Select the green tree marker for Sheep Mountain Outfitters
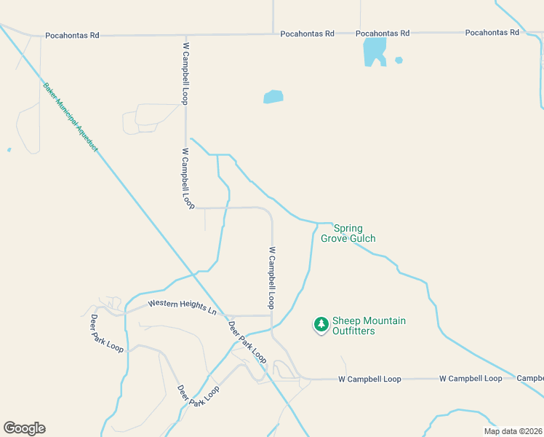(321, 323)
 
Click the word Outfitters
(353, 331)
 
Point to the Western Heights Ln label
(183, 307)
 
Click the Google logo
(24, 428)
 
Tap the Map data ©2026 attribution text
(513, 431)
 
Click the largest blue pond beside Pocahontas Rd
(374, 51)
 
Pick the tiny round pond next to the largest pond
(399, 60)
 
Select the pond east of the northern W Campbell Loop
(273, 97)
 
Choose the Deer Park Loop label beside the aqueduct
(247, 342)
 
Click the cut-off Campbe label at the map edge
(530, 379)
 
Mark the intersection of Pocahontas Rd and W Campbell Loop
(185, 35)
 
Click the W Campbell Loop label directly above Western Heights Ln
(272, 277)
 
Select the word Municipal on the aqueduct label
(71, 117)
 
